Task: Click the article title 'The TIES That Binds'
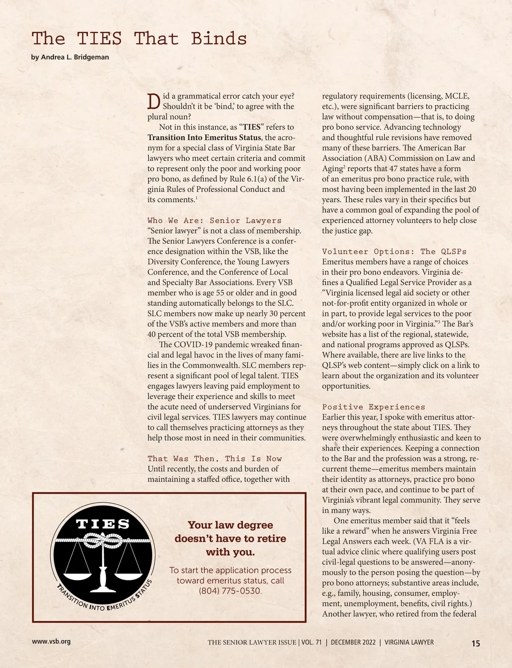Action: coord(139,39)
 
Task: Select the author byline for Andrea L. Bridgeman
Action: coord(70,57)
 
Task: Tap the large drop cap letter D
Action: coord(153,100)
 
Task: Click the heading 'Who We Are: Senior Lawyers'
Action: coord(215,220)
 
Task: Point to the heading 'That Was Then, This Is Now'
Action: coord(215,459)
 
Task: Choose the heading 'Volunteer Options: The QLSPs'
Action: coord(394,252)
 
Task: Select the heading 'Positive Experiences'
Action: coord(373,407)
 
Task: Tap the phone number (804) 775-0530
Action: coord(230,591)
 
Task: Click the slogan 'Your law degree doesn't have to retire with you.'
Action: coord(230,538)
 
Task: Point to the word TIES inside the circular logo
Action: coord(103,524)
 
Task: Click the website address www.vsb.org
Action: coord(51,642)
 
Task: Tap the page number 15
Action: coord(475,643)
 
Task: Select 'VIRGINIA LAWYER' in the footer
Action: coord(409,642)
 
